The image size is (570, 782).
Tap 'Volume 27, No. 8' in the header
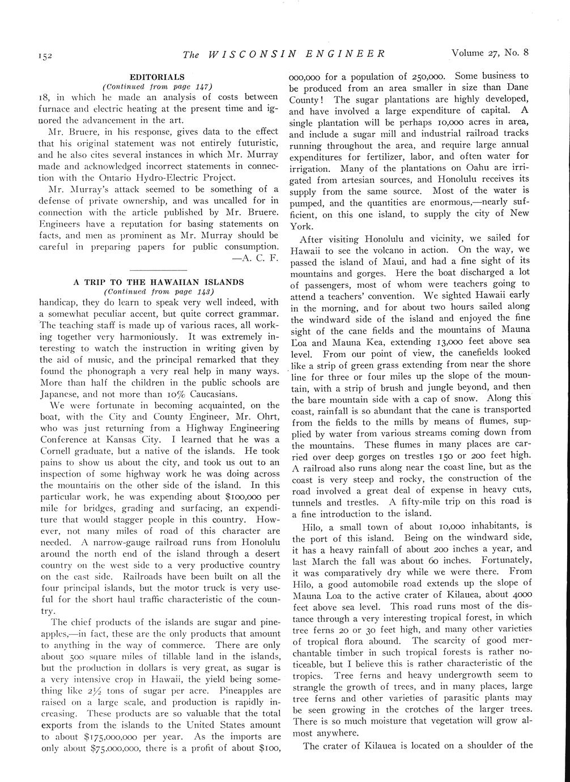click(x=490, y=53)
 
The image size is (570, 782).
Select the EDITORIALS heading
click(x=156, y=76)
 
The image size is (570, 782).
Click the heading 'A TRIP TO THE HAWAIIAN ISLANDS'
click(x=159, y=282)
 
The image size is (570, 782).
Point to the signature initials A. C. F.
click(x=260, y=258)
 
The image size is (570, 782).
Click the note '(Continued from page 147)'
click(x=156, y=86)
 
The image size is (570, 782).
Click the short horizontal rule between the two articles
click(x=159, y=270)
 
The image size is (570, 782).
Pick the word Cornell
click(x=58, y=452)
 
